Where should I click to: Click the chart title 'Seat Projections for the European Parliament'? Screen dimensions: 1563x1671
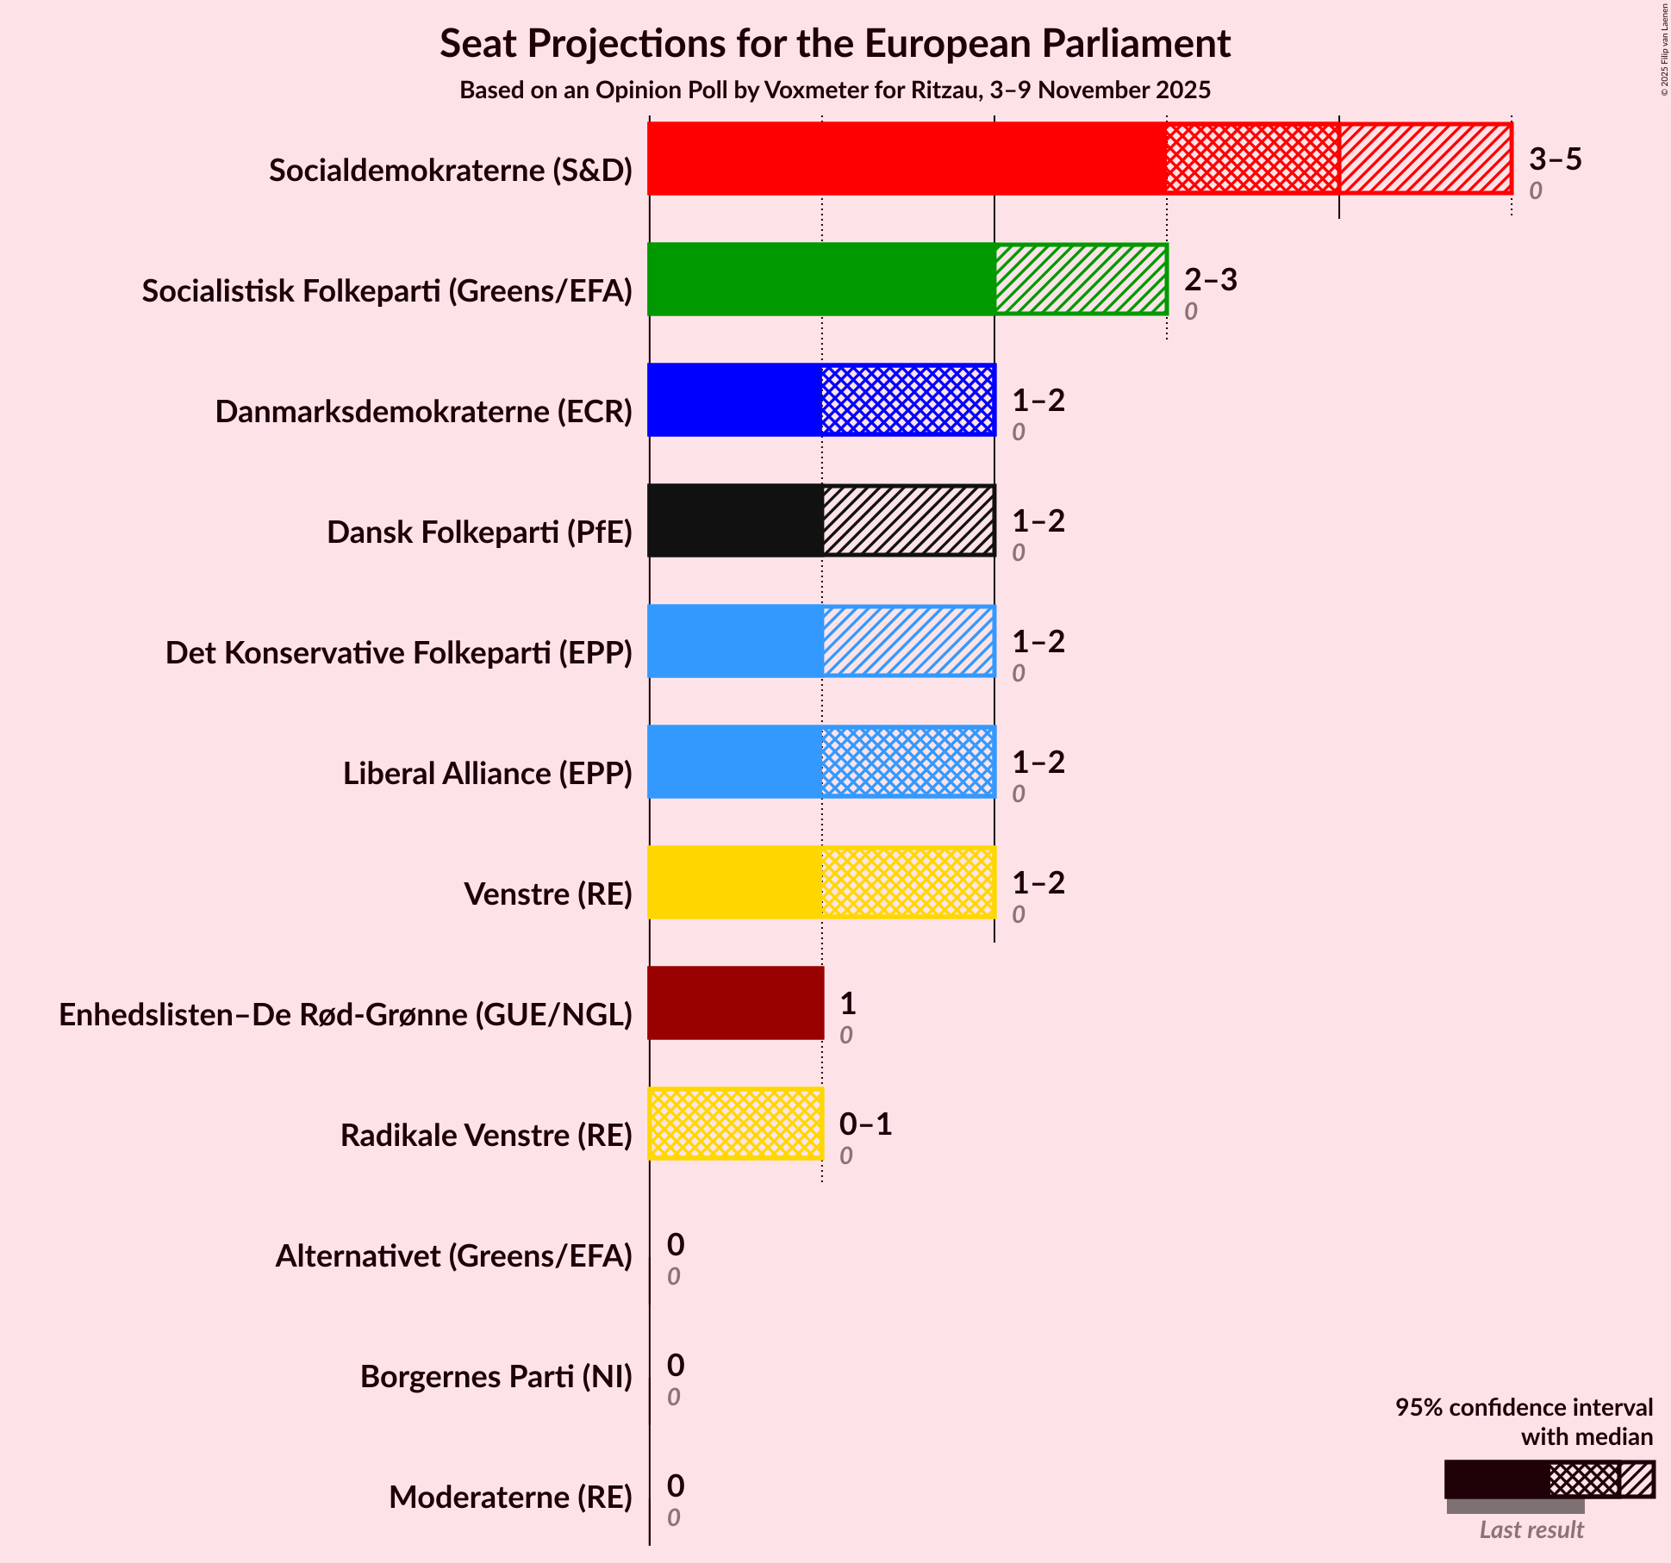(x=834, y=44)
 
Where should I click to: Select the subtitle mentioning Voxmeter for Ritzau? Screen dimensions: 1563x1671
(x=834, y=90)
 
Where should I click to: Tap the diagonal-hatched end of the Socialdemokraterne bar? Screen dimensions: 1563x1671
(x=1425, y=159)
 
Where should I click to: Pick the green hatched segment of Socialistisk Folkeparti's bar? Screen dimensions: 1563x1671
(x=1081, y=279)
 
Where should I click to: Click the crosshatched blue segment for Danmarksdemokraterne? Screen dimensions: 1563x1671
(x=907, y=400)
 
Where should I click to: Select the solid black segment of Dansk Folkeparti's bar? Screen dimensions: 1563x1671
(x=735, y=520)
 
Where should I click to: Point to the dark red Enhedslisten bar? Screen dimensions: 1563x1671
(x=735, y=1003)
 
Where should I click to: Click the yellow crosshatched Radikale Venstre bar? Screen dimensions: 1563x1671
(x=735, y=1124)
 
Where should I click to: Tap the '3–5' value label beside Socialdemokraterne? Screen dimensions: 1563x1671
(x=1555, y=159)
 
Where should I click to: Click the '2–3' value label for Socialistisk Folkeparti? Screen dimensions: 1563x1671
(x=1210, y=280)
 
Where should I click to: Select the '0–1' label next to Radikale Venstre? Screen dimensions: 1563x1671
(x=865, y=1124)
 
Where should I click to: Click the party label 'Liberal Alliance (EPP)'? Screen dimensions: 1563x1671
(x=488, y=774)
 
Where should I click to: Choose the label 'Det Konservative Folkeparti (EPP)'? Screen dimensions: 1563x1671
(x=399, y=653)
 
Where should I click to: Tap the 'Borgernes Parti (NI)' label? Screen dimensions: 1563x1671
(x=496, y=1377)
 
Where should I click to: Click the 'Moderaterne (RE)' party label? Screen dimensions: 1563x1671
(x=510, y=1498)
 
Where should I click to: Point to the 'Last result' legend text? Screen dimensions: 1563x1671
(x=1531, y=1529)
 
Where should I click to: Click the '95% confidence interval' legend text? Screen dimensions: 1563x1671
(x=1524, y=1408)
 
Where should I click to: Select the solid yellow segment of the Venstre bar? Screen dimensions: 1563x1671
(x=735, y=882)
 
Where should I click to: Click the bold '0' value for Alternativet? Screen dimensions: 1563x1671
(x=676, y=1245)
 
